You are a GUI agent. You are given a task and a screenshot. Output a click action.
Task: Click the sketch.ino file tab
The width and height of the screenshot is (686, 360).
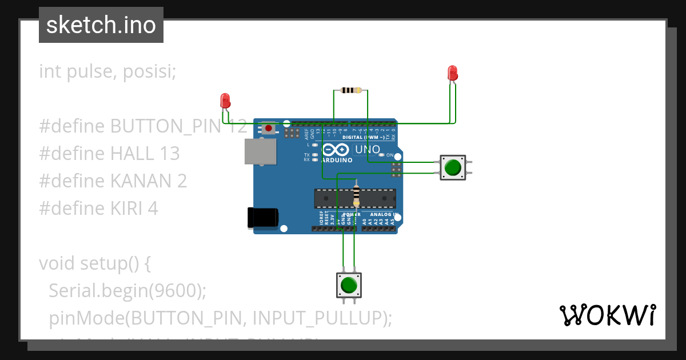pyautogui.click(x=101, y=25)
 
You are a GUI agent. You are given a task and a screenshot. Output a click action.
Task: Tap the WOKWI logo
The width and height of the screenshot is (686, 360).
pyautogui.click(x=607, y=315)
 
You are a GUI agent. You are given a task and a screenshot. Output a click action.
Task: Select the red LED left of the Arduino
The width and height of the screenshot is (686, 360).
pyautogui.click(x=225, y=101)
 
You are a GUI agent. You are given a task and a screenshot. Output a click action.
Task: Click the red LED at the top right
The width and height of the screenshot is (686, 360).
pyautogui.click(x=452, y=73)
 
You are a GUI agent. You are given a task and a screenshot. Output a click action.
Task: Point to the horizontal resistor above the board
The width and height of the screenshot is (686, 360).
pyautogui.click(x=351, y=90)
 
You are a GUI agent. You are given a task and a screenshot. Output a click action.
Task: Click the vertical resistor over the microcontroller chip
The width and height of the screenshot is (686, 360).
pyautogui.click(x=357, y=193)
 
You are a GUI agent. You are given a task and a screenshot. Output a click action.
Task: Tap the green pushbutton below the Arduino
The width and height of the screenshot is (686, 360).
pyautogui.click(x=349, y=285)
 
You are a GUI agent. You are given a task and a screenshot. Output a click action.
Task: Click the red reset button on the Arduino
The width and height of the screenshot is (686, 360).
pyautogui.click(x=269, y=128)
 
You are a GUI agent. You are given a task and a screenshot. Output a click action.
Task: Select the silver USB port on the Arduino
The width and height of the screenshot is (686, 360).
pyautogui.click(x=261, y=152)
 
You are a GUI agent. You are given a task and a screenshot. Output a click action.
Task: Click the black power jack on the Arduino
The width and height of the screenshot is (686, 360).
pyautogui.click(x=263, y=218)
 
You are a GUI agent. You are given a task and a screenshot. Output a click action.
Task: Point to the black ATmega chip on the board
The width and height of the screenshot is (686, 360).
pyautogui.click(x=354, y=198)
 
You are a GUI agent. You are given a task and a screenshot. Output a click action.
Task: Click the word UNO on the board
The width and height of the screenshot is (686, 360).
pyautogui.click(x=368, y=150)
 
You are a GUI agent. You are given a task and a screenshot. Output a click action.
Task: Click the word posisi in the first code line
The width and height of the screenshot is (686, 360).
pyautogui.click(x=149, y=71)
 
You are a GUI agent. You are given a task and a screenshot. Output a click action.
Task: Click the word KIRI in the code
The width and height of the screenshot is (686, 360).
pyautogui.click(x=127, y=209)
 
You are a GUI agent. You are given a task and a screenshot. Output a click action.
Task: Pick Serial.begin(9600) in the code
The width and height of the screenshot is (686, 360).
pyautogui.click(x=127, y=290)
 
